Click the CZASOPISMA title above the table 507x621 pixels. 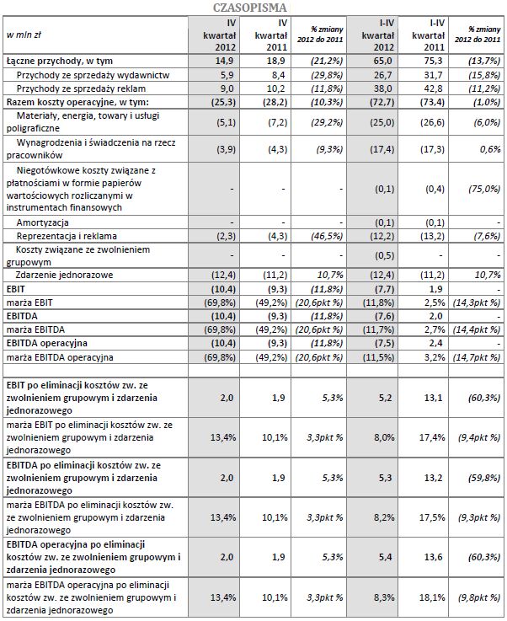253,7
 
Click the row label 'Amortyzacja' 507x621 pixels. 42,222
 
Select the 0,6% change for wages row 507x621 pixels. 488,148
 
